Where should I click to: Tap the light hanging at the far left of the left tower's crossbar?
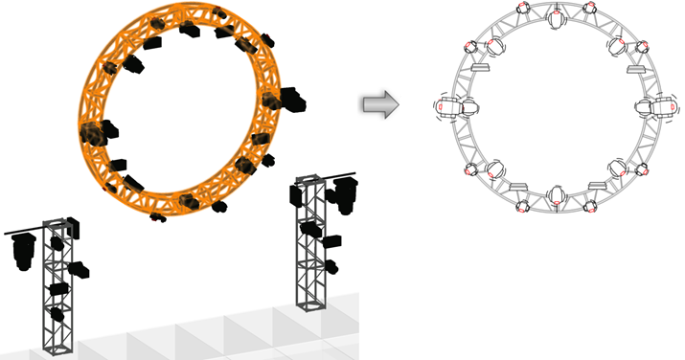22,250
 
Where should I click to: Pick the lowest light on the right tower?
331,265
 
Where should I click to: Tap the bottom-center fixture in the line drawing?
557,195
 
